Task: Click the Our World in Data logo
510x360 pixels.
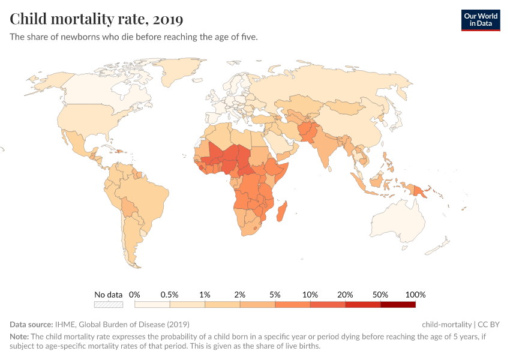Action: pyautogui.click(x=480, y=20)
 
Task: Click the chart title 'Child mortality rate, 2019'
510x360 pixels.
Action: pyautogui.click(x=96, y=19)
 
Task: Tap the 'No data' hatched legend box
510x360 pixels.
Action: pyautogui.click(x=108, y=305)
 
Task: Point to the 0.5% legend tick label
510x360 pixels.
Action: pyautogui.click(x=169, y=295)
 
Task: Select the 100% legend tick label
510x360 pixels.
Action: pyautogui.click(x=415, y=295)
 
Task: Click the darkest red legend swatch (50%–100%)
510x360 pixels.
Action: pyautogui.click(x=398, y=305)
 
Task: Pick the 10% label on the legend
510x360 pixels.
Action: pyautogui.click(x=310, y=295)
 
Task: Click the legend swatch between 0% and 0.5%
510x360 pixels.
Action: pyautogui.click(x=152, y=305)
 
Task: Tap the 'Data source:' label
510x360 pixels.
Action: pyautogui.click(x=31, y=324)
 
